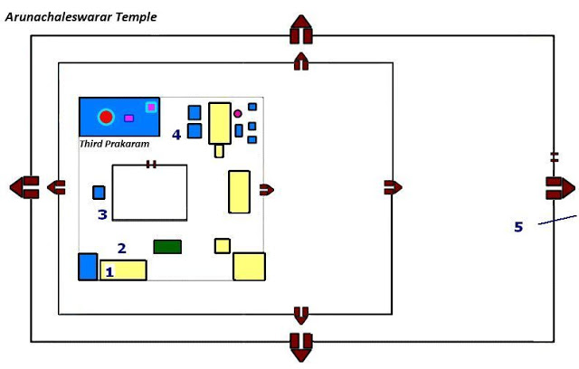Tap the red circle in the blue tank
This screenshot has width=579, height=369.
(x=107, y=117)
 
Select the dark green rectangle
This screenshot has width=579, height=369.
(x=167, y=246)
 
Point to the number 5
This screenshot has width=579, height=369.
(x=518, y=226)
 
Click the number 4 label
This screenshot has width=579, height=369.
(x=176, y=134)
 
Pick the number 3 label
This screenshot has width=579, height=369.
(x=102, y=214)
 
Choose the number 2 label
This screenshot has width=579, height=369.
(x=121, y=247)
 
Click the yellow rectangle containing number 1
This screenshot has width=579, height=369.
(x=123, y=270)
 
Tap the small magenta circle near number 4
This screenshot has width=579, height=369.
(x=238, y=114)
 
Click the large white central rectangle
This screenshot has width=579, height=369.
(x=149, y=193)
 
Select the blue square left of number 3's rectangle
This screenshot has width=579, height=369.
(x=100, y=192)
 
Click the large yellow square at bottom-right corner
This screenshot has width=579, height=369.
(x=249, y=267)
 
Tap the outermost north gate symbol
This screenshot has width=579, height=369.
(x=300, y=31)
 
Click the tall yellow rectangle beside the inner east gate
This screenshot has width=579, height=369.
(x=239, y=191)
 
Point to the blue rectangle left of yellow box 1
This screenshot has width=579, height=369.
(x=88, y=267)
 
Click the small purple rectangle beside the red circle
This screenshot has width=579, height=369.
(x=128, y=118)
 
